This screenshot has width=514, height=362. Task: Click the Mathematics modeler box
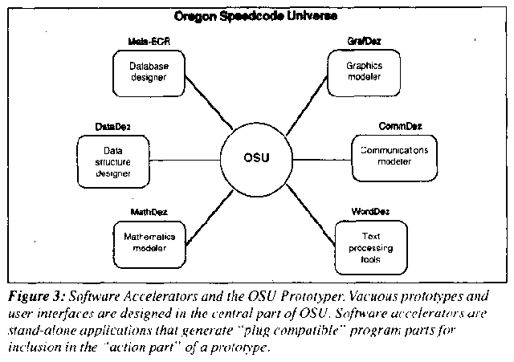[144, 238]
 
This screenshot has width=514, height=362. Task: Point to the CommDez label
[400, 125]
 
